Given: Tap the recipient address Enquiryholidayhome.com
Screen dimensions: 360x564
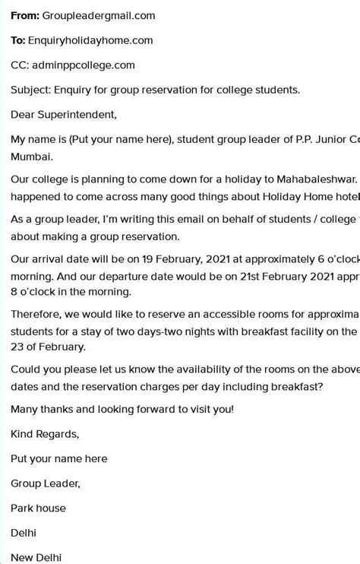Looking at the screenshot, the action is pos(90,40).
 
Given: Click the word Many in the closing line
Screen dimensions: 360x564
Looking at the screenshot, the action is pos(25,410).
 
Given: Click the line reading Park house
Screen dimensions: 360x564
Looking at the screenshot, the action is pos(38,508).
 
